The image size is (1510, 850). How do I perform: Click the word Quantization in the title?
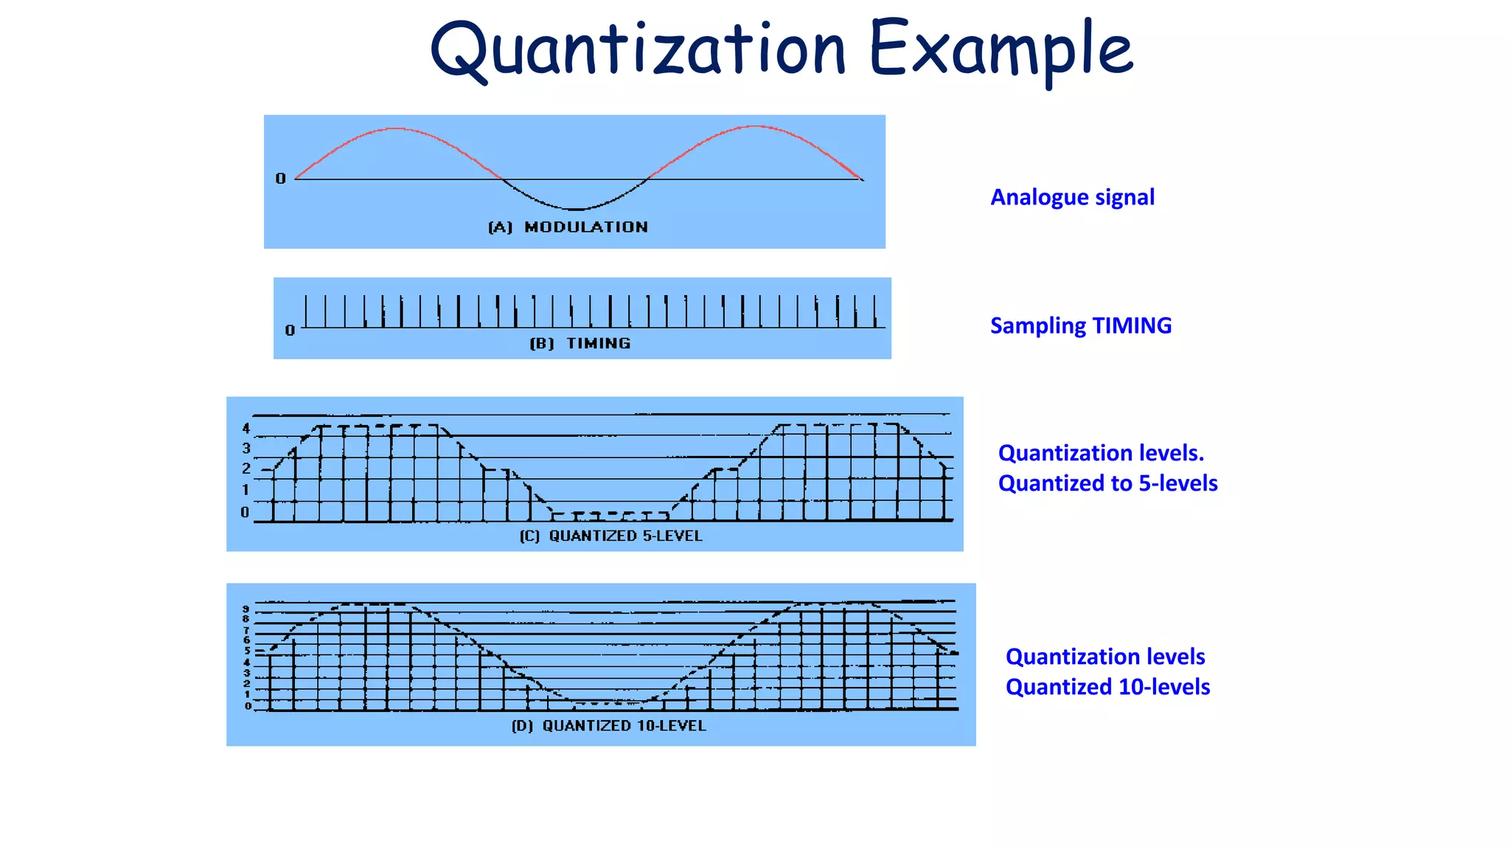638,50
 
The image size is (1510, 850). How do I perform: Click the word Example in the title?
1001,50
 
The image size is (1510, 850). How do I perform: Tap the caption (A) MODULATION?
568,227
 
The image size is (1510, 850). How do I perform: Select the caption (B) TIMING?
580,343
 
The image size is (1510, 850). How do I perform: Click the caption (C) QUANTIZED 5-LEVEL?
610,536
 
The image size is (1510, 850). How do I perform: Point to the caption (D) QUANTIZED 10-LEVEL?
608,726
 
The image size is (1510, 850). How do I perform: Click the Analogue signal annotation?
1072,197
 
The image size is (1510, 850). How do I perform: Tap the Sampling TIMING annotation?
1080,325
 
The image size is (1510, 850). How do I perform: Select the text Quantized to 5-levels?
1107,483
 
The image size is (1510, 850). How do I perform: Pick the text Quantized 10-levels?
1107,687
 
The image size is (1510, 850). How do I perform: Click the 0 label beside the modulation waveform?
280,179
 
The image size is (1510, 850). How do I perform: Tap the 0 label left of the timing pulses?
290,331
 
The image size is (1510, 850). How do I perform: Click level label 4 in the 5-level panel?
246,429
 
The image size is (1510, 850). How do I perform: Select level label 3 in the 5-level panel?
246,449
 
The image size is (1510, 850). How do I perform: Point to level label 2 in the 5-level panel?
246,469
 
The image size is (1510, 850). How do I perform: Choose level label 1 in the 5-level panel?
246,490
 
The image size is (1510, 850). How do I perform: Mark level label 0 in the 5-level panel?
246,512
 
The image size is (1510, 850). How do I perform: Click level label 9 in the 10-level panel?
246,609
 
